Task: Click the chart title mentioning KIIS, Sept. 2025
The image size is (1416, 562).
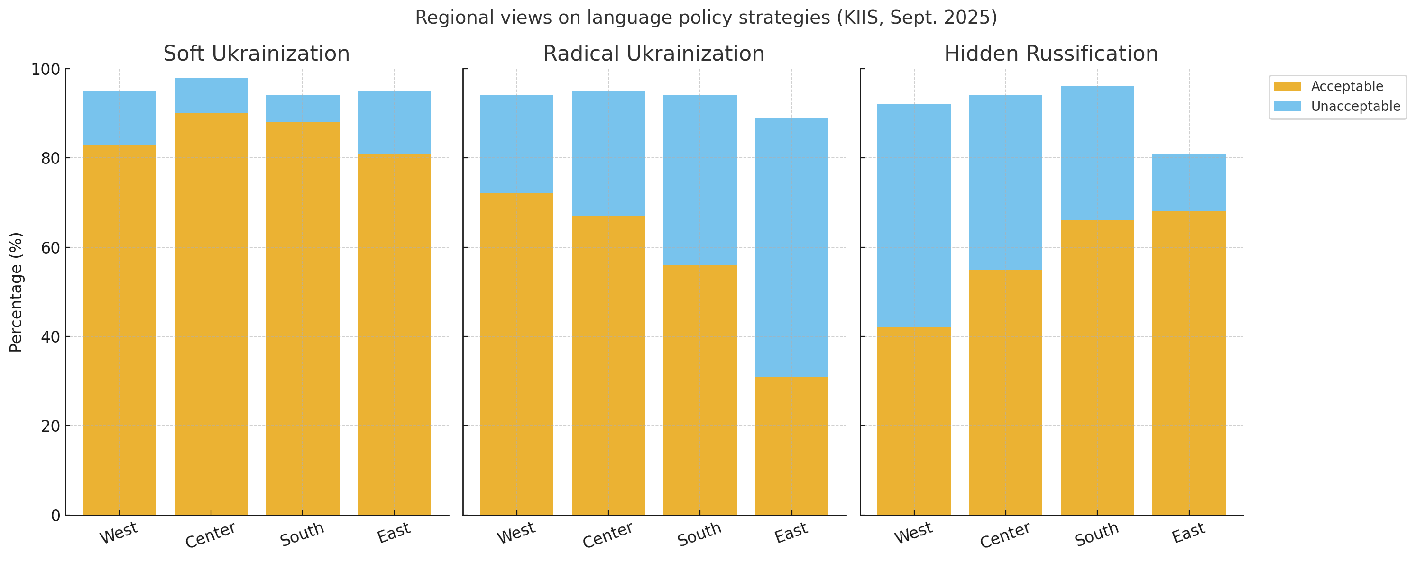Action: (x=706, y=18)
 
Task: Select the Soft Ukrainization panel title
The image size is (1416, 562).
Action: (x=256, y=54)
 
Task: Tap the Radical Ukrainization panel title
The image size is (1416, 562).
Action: (x=653, y=54)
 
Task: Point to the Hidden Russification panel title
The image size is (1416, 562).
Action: (x=1051, y=54)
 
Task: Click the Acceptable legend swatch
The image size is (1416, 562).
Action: (x=1287, y=86)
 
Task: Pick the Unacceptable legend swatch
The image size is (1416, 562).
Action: (x=1287, y=106)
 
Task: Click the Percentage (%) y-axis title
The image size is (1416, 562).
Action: (x=16, y=292)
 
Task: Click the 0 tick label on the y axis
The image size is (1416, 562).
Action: (x=55, y=515)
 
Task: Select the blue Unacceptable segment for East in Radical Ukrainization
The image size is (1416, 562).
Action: (x=791, y=247)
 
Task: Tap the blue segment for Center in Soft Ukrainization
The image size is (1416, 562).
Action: (x=211, y=95)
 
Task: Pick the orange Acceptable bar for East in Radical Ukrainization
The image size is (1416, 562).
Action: (x=791, y=445)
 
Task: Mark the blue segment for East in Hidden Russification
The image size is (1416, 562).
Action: (x=1188, y=182)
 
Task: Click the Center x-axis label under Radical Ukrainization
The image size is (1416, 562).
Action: (x=607, y=535)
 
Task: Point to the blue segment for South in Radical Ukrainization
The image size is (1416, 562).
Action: (x=700, y=180)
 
